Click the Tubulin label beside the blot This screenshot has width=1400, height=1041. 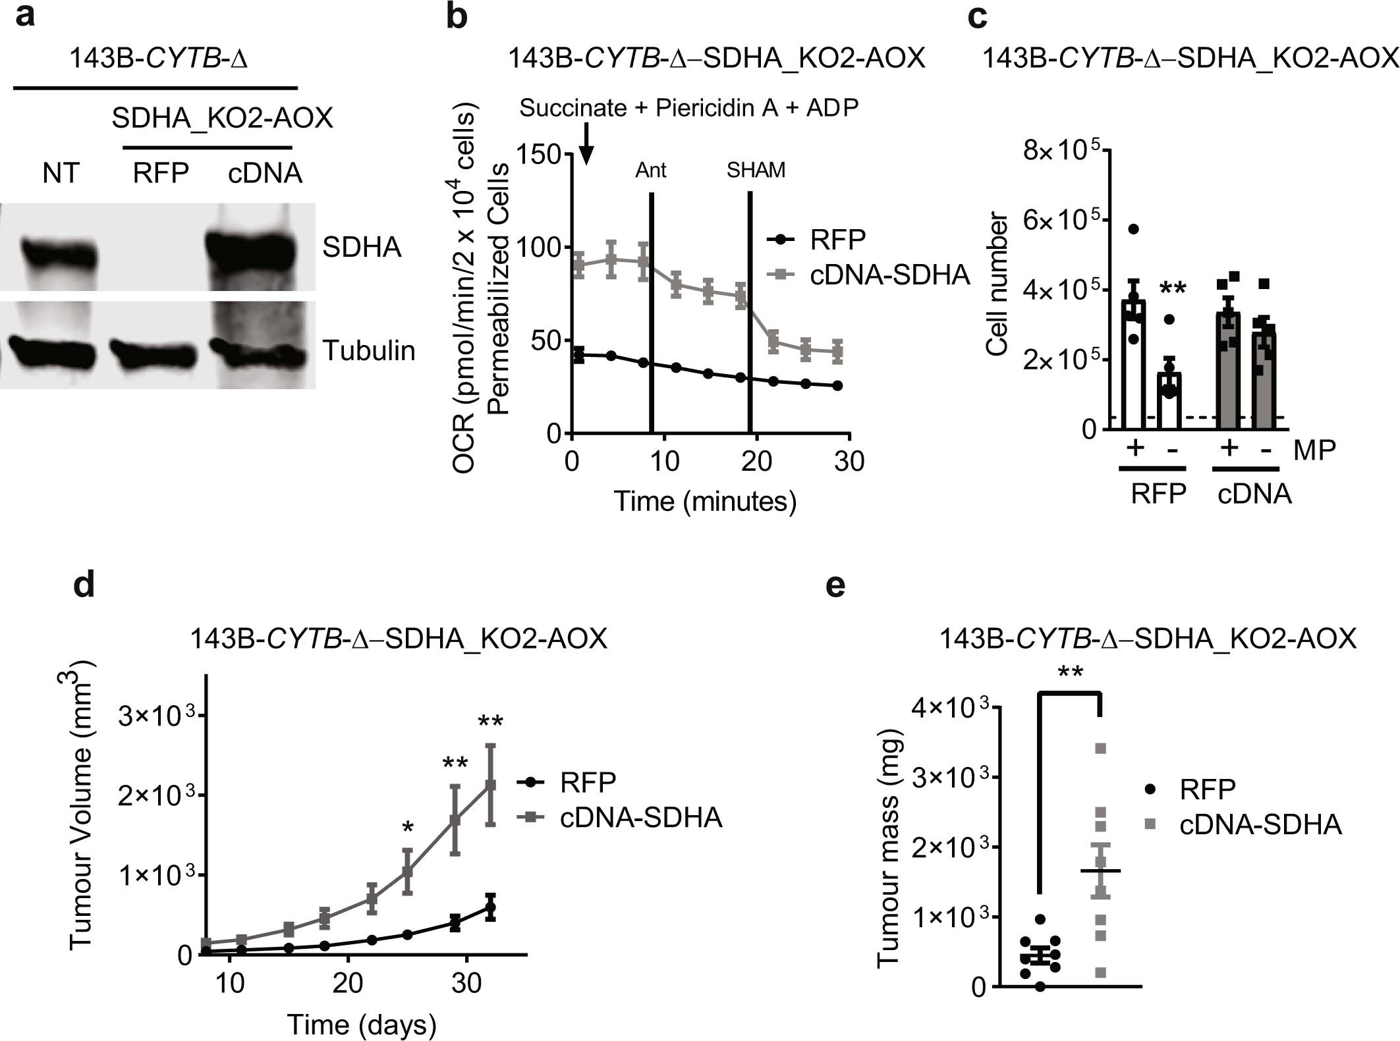pos(368,351)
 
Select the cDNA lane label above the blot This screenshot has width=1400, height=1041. pos(265,173)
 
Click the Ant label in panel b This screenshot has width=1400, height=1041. pos(650,171)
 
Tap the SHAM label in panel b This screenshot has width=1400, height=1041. pos(756,171)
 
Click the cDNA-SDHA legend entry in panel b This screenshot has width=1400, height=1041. pos(889,275)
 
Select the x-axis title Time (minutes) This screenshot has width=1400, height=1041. pos(705,502)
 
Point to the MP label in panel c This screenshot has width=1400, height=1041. pos(1314,450)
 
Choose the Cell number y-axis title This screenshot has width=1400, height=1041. pos(997,284)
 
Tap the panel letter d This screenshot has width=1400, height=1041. pos(84,585)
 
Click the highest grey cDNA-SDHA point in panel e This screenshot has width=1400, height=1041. pos(1100,748)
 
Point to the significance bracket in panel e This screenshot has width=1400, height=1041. pos(1070,692)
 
